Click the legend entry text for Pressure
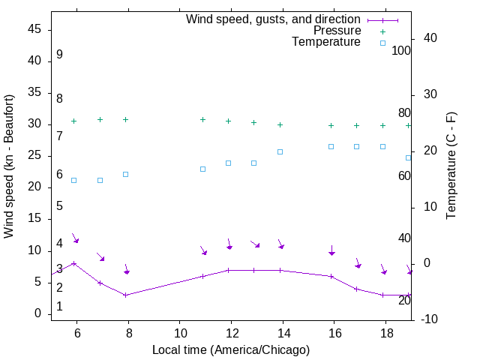337,31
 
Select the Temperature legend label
326,43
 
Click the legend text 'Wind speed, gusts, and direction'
273,19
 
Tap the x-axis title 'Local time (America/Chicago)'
230,350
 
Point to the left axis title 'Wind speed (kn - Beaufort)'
9,166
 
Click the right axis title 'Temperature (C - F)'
451,166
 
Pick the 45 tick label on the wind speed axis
34,29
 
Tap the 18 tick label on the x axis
385,332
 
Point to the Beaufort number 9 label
59,55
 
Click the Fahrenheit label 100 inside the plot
401,51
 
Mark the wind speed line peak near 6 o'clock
73,263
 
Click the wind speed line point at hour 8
125,295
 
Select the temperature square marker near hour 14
280,151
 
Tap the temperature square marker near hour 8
125,174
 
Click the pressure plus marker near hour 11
202,119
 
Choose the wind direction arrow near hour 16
331,250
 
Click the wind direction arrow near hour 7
100,256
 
